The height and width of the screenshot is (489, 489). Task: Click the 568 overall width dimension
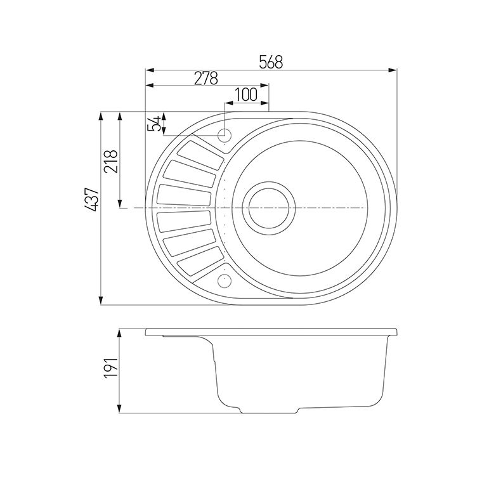(x=271, y=62)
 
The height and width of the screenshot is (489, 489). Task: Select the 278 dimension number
(x=206, y=78)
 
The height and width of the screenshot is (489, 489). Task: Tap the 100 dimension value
(x=245, y=95)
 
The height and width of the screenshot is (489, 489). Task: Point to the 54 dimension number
(x=153, y=124)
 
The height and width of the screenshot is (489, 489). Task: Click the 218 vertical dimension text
(x=111, y=162)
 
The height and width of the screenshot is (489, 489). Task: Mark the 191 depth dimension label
(x=111, y=368)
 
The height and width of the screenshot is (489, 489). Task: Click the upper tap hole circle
(x=225, y=135)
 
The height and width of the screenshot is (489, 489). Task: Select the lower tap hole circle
(x=225, y=280)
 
